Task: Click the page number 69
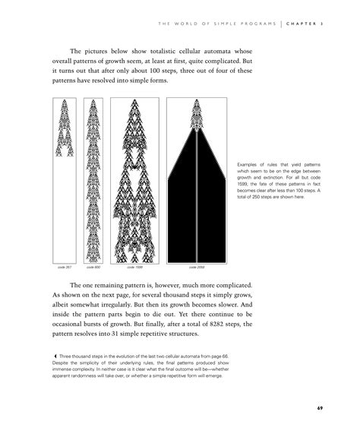pyautogui.click(x=321, y=408)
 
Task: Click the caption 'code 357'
pyautogui.click(x=65, y=268)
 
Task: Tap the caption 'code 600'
pyautogui.click(x=92, y=268)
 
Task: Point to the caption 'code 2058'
pyautogui.click(x=196, y=268)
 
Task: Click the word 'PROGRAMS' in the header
pyautogui.click(x=254, y=24)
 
